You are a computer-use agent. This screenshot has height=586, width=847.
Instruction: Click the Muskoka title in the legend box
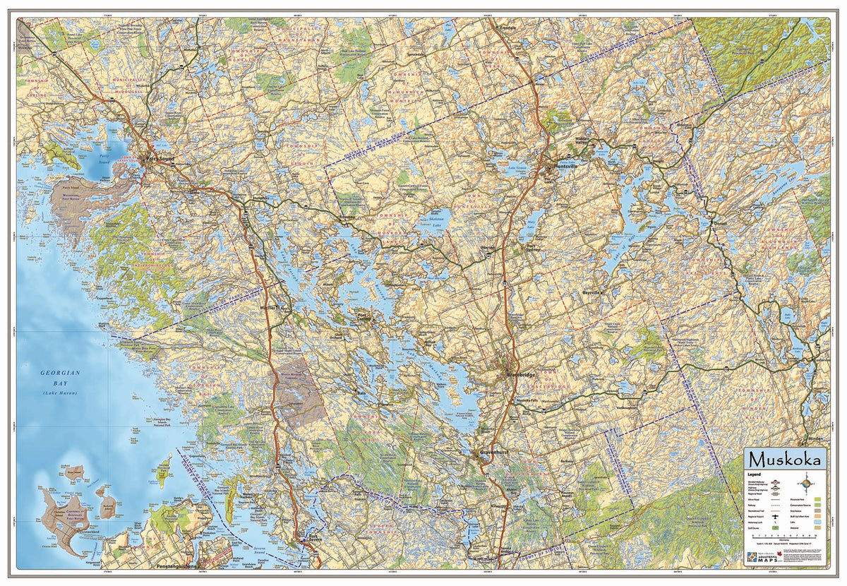click(x=785, y=460)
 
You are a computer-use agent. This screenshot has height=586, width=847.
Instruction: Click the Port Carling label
click(x=364, y=318)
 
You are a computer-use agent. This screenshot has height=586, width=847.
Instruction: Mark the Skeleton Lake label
click(x=431, y=223)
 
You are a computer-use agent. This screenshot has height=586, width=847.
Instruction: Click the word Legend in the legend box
click(x=755, y=475)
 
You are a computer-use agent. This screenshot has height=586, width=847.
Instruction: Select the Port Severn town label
click(x=315, y=537)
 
